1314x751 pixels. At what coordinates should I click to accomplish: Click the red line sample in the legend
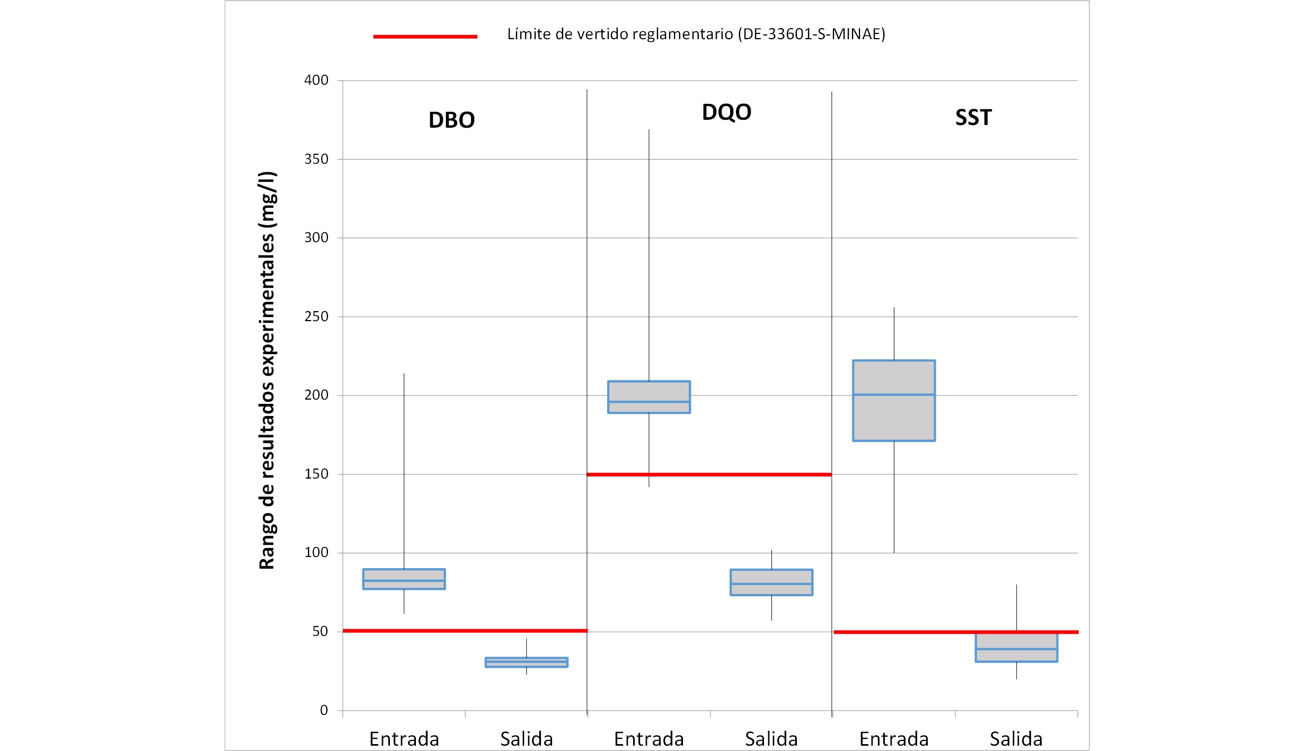[425, 37]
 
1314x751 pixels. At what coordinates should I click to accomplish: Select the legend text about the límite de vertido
[696, 34]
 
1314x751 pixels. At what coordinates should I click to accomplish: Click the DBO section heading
[451, 120]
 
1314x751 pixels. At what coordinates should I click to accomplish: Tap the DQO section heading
[726, 112]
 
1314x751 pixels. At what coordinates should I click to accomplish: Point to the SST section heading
[973, 117]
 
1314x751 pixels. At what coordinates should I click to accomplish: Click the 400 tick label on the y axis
[316, 80]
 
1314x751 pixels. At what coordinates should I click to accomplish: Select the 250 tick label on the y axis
[316, 316]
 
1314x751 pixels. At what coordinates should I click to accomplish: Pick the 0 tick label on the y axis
[324, 710]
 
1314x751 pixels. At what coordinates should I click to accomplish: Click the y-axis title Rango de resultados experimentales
[267, 370]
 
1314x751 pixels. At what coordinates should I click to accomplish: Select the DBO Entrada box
[404, 579]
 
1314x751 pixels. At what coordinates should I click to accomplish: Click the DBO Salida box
[526, 662]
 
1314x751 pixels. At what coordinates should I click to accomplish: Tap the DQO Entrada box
[649, 397]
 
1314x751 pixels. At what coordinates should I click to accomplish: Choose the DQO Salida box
[771, 582]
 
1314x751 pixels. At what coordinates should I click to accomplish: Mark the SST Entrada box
[894, 401]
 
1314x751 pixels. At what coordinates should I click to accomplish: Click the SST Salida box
[1016, 647]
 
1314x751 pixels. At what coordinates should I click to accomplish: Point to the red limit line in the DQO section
[709, 474]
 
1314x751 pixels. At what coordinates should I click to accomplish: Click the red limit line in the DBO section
[465, 631]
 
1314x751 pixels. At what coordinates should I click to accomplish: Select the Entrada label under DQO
[649, 739]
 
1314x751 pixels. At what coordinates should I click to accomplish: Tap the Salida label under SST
[1016, 739]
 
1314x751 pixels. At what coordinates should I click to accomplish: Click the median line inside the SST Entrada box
[894, 394]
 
